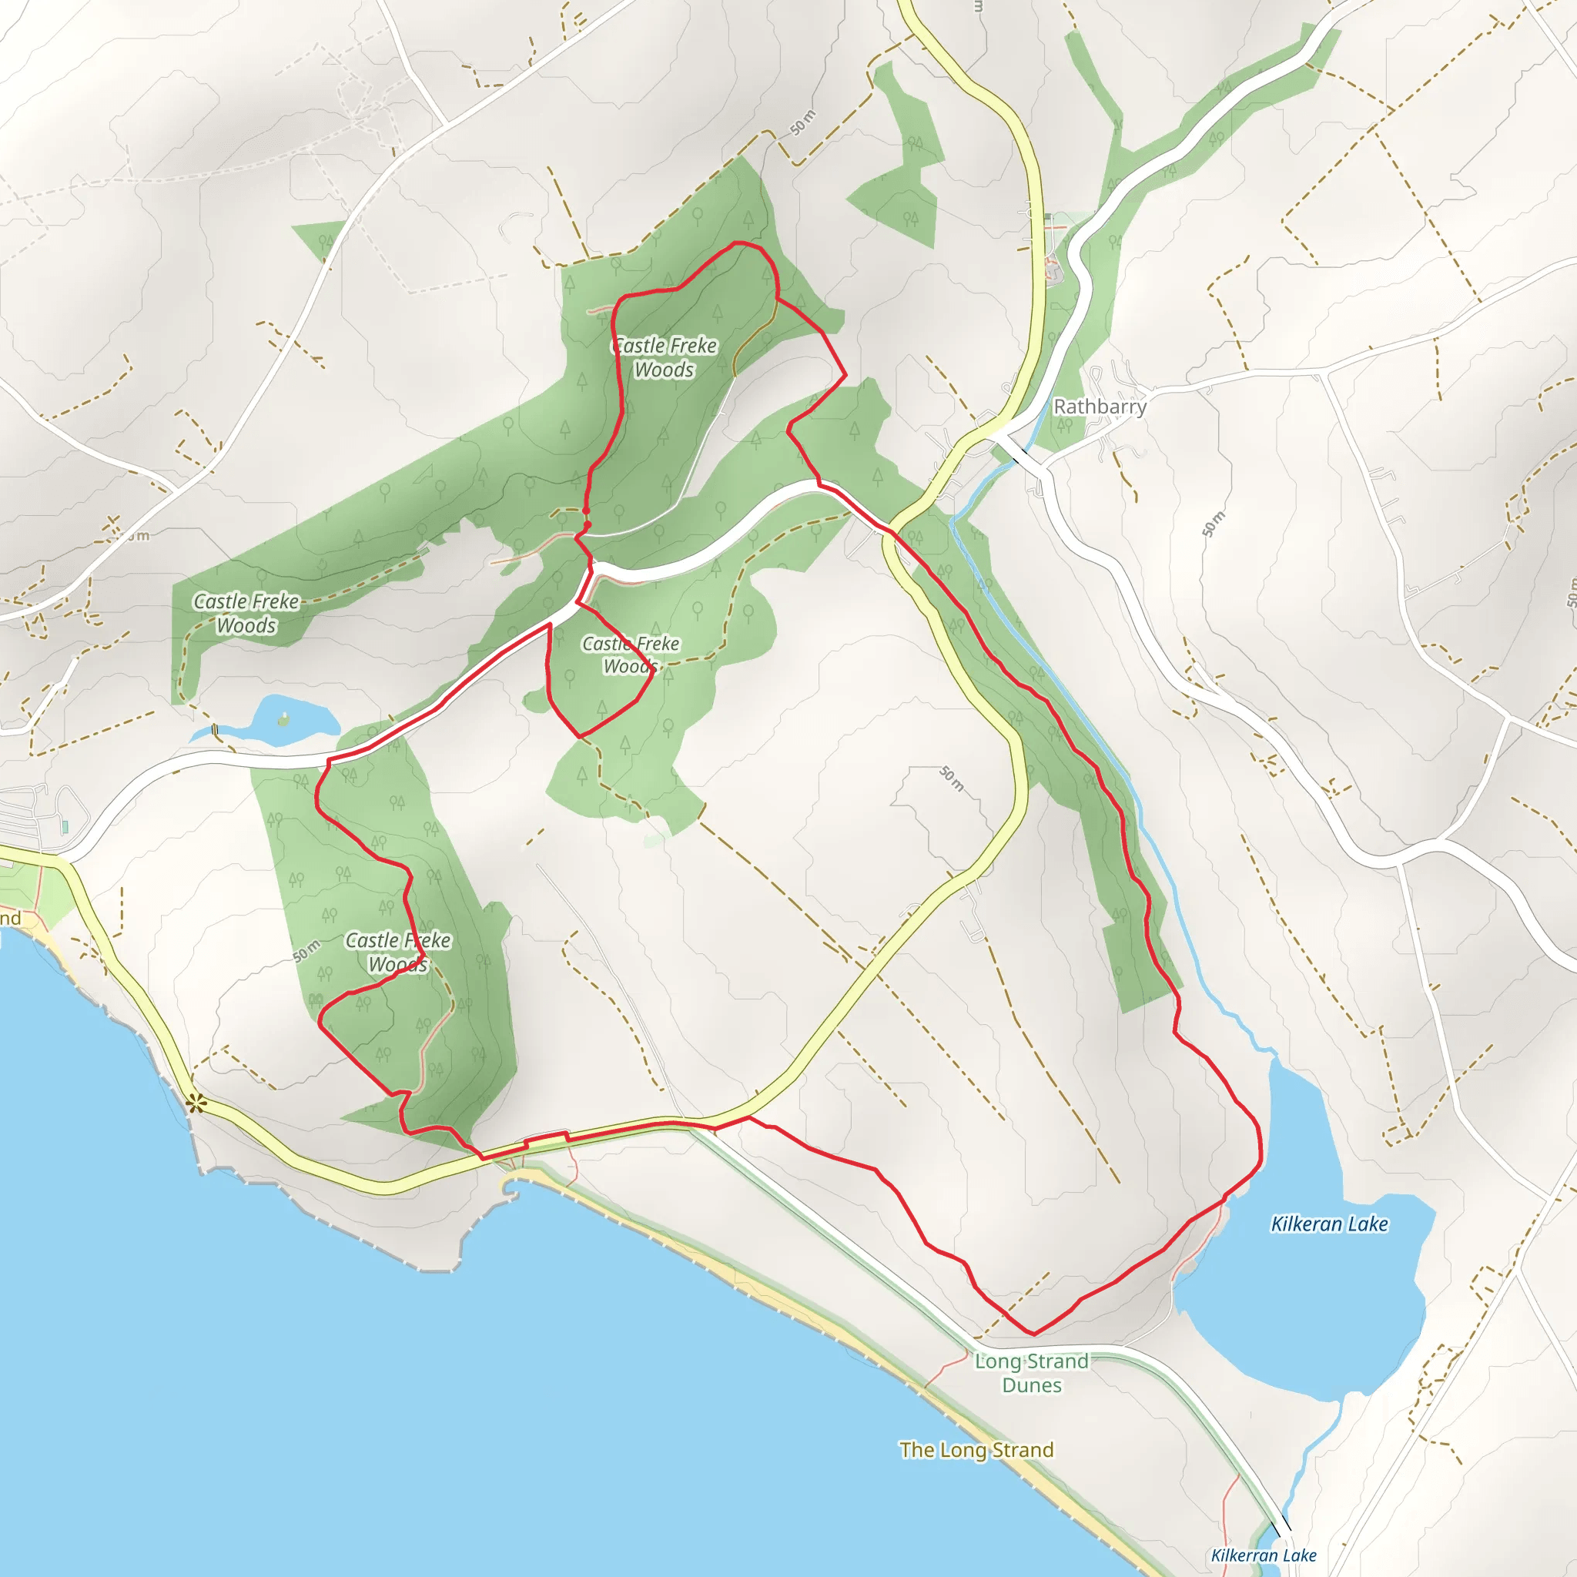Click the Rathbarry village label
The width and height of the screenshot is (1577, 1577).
pos(1100,407)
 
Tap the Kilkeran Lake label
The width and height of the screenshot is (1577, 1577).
pos(1329,1224)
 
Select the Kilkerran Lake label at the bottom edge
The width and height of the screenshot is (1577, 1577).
pos(1264,1555)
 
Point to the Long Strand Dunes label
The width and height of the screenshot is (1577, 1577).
pos(1032,1373)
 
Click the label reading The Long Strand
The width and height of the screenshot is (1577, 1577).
pos(976,1450)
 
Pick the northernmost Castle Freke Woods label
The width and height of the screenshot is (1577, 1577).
pos(665,357)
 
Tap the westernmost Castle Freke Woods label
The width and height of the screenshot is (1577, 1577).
pos(246,613)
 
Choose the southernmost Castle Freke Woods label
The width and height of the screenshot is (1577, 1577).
pos(397,952)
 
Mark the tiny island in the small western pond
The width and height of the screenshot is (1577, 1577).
pos(283,718)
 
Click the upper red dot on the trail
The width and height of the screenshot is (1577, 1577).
pos(586,511)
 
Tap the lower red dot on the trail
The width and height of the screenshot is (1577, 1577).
pos(587,525)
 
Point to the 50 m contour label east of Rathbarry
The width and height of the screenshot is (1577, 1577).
pos(1213,523)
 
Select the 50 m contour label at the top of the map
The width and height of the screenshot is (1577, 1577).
pos(803,122)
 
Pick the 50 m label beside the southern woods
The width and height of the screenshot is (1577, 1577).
pos(306,952)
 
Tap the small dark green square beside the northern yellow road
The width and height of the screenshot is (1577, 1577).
pos(1048,216)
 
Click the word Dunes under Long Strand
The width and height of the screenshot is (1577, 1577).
pos(1032,1385)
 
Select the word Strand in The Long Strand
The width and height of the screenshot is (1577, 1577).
pos(1023,1450)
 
